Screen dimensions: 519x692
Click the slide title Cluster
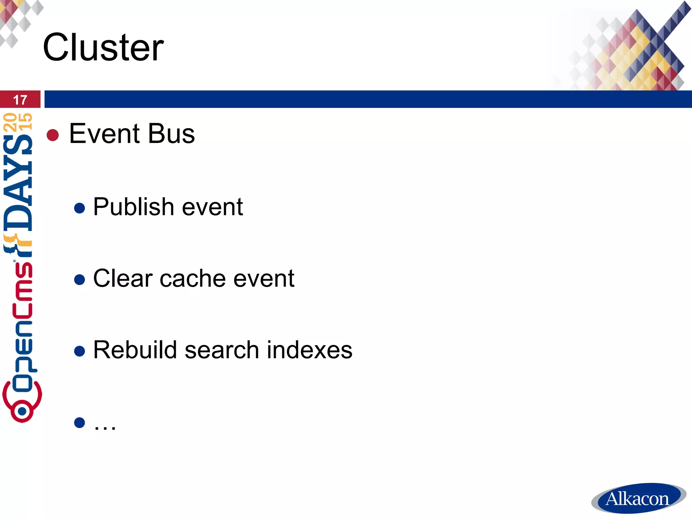pyautogui.click(x=103, y=47)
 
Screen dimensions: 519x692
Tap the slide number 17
pyautogui.click(x=20, y=100)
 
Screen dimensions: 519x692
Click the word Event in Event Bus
pyautogui.click(x=104, y=133)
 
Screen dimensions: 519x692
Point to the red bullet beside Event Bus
pyautogui.click(x=53, y=135)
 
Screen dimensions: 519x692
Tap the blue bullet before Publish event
pyautogui.click(x=79, y=208)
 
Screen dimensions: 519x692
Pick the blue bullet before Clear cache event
pyautogui.click(x=79, y=280)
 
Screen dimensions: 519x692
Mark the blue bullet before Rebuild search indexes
pyautogui.click(x=79, y=351)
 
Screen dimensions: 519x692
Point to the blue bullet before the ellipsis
pyautogui.click(x=79, y=423)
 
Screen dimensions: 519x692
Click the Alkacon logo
pyautogui.click(x=638, y=498)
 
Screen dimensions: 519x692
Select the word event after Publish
pyautogui.click(x=212, y=207)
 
